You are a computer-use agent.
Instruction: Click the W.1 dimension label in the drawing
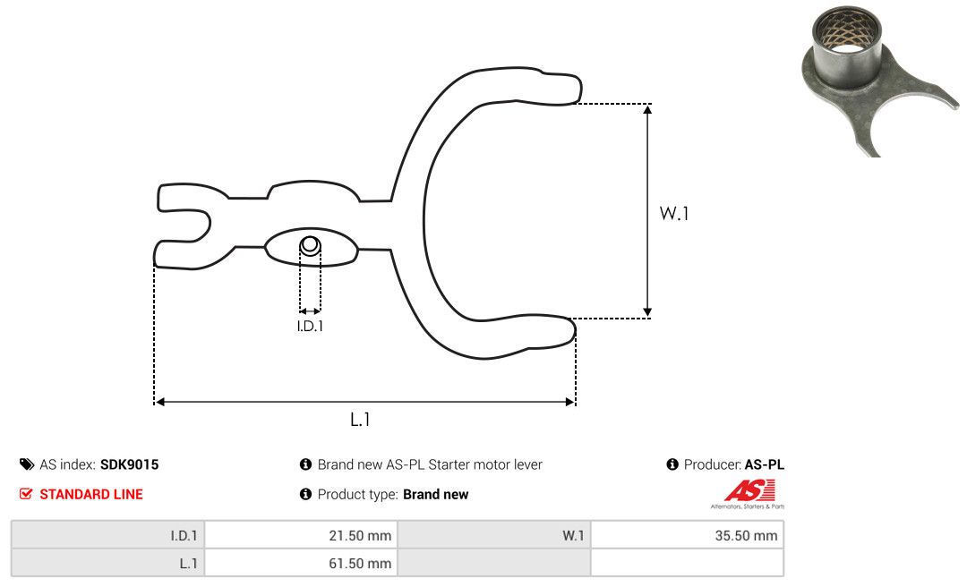point(674,213)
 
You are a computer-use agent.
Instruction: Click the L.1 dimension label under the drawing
point(360,420)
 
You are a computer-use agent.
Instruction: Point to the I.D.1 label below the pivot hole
point(310,326)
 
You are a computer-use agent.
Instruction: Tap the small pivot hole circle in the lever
point(310,245)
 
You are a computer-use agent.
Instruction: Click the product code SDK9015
point(130,464)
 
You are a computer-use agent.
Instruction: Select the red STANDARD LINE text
point(91,494)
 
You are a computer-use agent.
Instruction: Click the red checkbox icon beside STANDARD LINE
point(26,494)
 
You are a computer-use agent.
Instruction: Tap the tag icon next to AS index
point(27,464)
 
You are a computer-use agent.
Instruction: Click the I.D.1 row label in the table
point(184,535)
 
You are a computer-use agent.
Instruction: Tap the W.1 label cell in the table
point(573,535)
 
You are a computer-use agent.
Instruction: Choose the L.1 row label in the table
point(189,564)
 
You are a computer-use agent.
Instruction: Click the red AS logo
point(749,491)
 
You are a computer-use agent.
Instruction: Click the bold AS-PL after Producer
point(764,464)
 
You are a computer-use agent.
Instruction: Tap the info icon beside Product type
point(305,494)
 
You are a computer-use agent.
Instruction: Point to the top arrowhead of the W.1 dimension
point(647,110)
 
